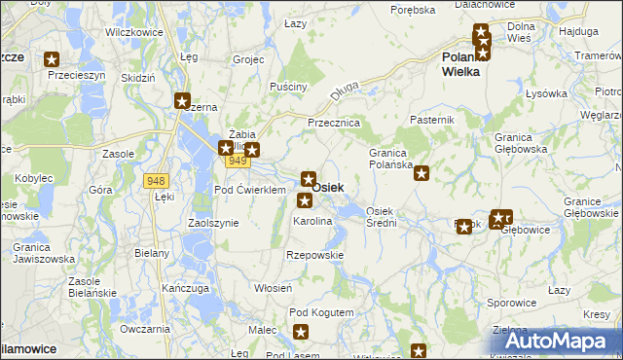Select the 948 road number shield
[x=155, y=180]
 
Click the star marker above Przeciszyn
[x=53, y=58]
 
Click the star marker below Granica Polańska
[x=421, y=174]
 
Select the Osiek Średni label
[x=381, y=217]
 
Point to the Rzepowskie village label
[x=315, y=255]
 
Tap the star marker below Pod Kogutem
[x=301, y=333]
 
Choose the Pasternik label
[x=433, y=119]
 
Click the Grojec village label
[x=249, y=59]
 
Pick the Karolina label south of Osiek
[x=312, y=222]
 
